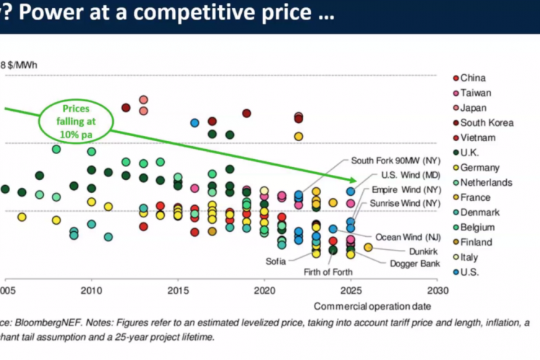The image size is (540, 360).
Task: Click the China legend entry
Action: click(472, 78)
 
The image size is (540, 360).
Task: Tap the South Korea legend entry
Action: click(487, 122)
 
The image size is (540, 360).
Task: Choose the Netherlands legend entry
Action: click(486, 182)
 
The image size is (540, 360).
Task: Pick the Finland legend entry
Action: click(476, 242)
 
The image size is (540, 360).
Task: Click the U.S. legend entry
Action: click(472, 271)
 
